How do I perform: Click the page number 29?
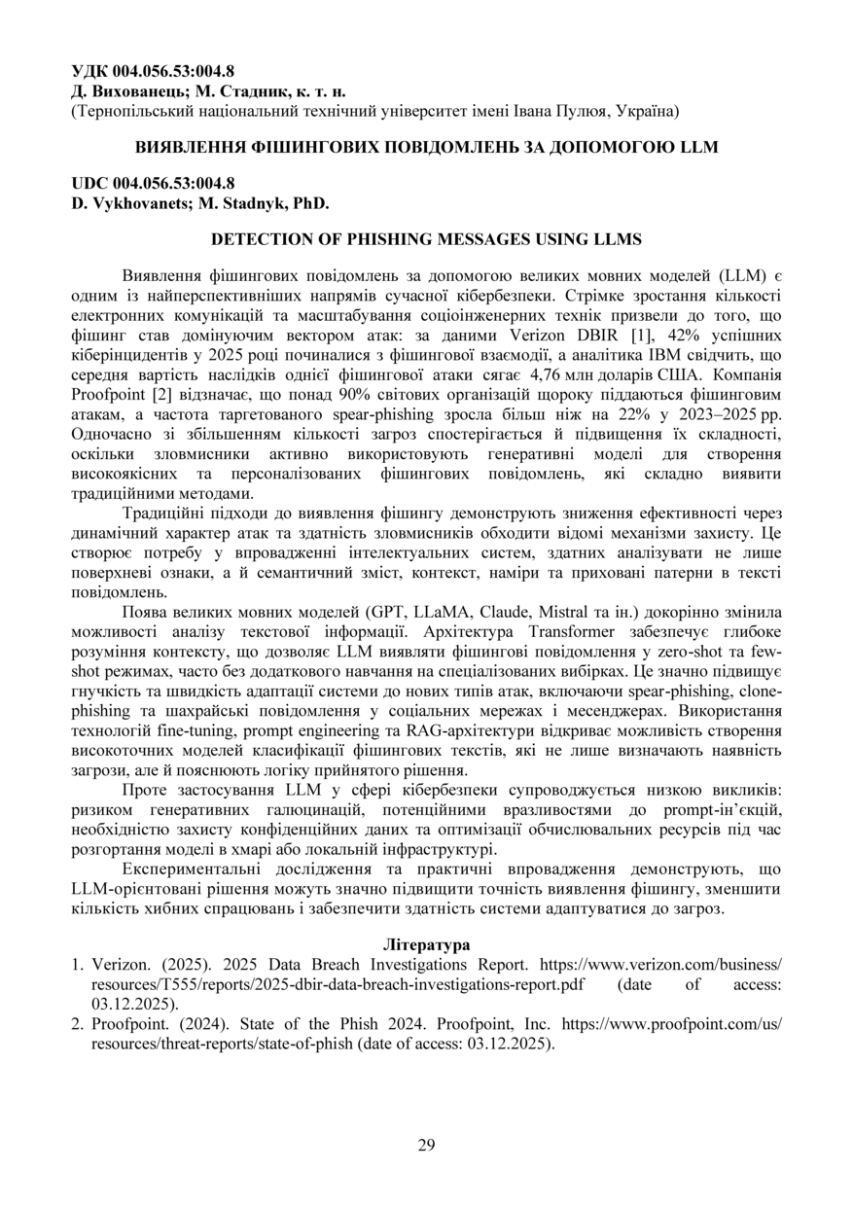coord(426,1145)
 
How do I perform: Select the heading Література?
coord(426,944)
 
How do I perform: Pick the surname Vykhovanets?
coord(136,203)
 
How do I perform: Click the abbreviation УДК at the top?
coord(90,71)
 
